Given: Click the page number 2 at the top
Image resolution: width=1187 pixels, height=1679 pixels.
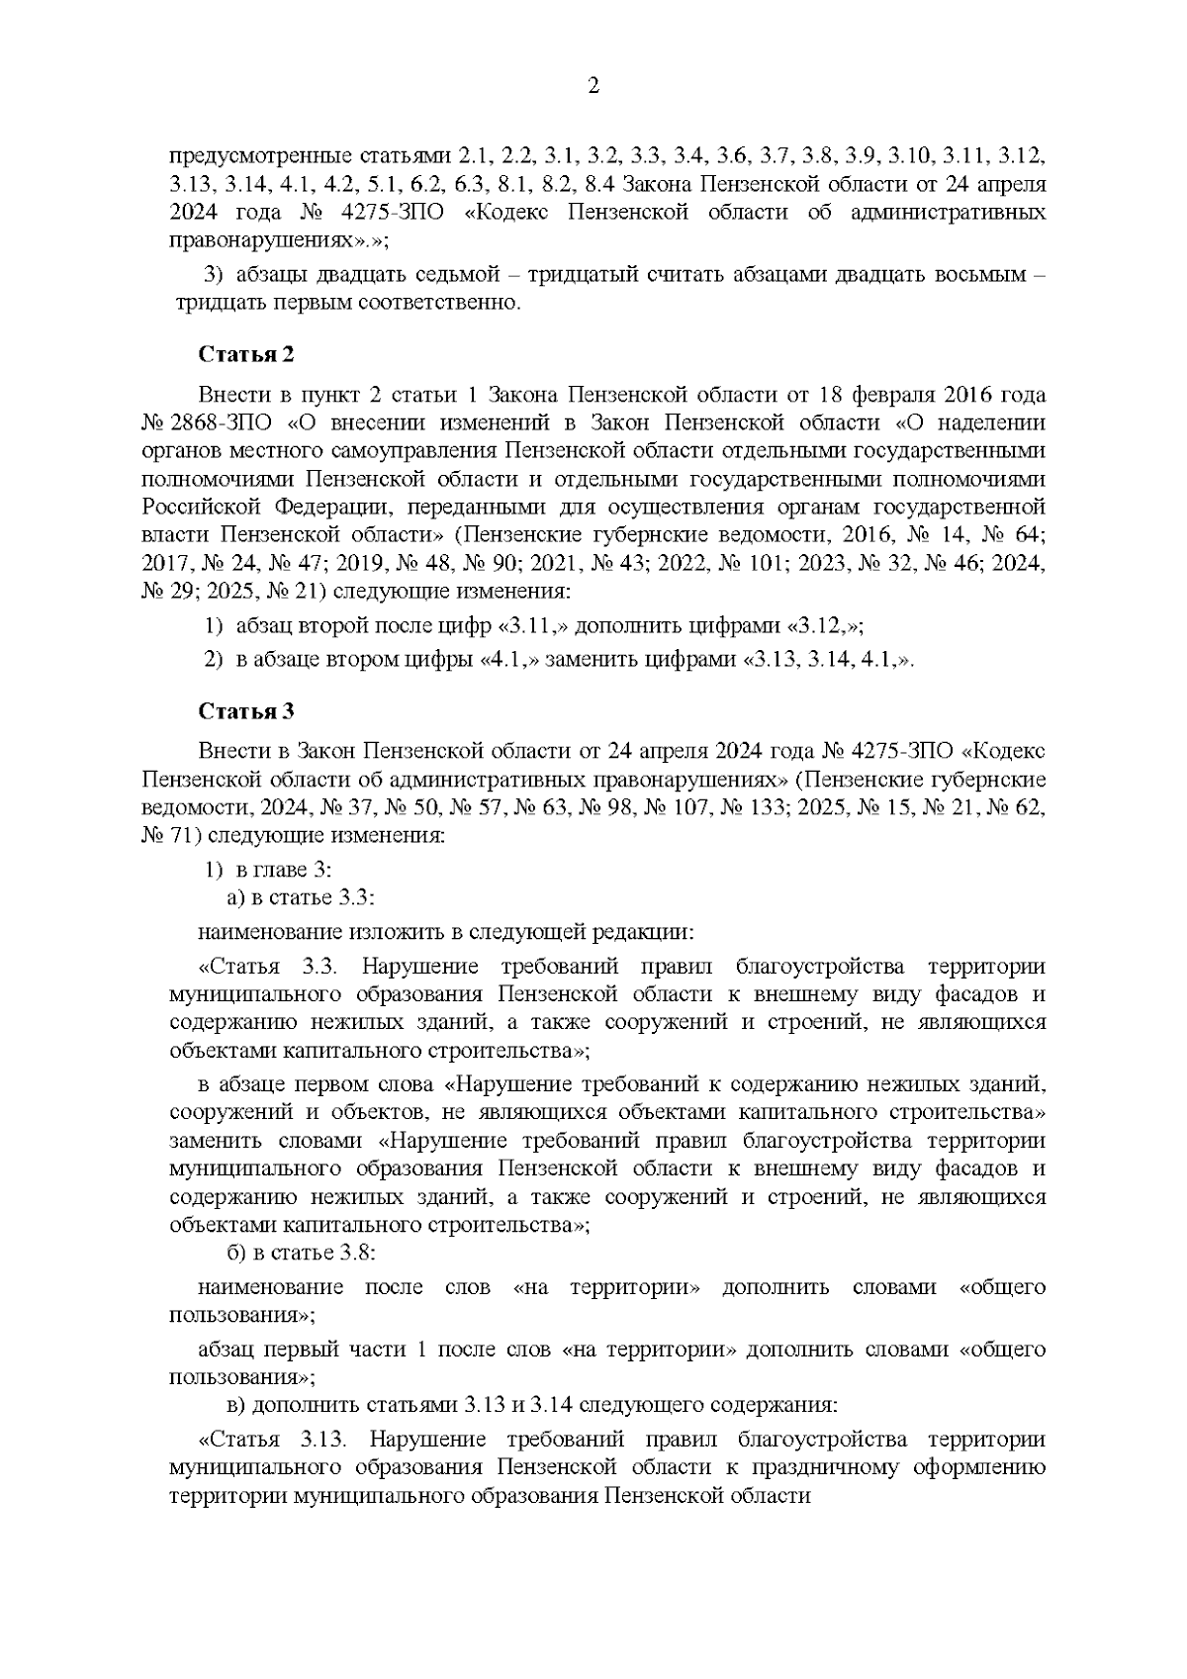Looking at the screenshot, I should (593, 87).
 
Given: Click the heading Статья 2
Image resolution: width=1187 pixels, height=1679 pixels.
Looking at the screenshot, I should (246, 355).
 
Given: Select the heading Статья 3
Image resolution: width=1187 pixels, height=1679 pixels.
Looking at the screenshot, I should (246, 711).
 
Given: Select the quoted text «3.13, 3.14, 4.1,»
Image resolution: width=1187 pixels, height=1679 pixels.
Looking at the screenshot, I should (826, 660).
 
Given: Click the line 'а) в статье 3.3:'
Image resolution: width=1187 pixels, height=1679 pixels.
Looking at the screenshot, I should (301, 898).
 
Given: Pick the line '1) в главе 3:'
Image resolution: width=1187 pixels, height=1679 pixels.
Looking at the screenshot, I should (268, 870).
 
